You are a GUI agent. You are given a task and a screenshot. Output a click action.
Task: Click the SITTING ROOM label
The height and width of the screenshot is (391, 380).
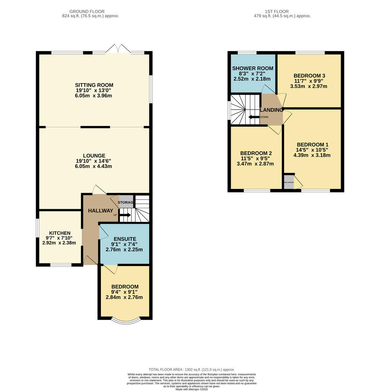click(x=94, y=85)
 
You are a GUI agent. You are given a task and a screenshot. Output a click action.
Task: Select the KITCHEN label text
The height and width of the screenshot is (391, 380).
click(x=60, y=233)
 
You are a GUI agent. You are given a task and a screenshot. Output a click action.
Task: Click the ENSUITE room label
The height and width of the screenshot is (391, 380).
click(x=124, y=239)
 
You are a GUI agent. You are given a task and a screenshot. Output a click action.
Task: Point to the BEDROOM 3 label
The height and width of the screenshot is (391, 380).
click(x=309, y=75)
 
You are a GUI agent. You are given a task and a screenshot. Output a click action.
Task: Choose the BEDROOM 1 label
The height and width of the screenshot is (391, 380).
click(x=312, y=144)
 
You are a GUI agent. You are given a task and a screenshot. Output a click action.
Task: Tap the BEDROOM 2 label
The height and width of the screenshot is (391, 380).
click(x=256, y=153)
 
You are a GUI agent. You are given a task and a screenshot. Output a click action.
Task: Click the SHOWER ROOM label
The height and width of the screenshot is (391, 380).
click(x=253, y=68)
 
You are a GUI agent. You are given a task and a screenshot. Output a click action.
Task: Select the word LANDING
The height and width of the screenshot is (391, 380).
click(x=272, y=110)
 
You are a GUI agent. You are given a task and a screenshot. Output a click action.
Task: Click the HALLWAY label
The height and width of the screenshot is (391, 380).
click(x=101, y=211)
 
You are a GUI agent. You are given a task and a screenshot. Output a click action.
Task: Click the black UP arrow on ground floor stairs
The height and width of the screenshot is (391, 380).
click(x=125, y=215)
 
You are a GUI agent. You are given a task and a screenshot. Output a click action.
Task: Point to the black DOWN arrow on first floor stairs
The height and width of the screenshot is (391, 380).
click(x=254, y=117)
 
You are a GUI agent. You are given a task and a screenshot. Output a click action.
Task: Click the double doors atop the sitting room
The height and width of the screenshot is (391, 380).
click(x=118, y=49)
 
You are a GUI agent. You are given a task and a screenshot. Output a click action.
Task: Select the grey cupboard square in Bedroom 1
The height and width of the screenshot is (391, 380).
click(x=289, y=181)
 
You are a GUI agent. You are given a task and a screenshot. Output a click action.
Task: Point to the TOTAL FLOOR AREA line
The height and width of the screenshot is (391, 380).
click(x=191, y=370)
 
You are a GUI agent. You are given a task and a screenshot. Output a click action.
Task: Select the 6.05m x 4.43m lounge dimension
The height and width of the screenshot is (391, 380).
click(x=94, y=166)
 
